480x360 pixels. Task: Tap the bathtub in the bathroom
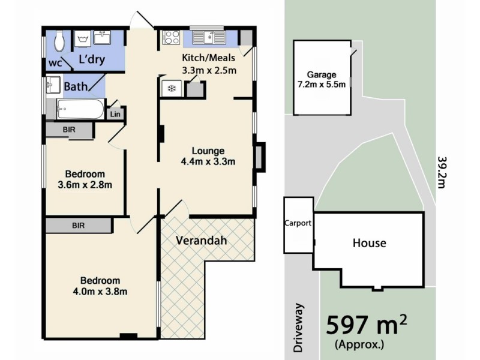tap(80, 110)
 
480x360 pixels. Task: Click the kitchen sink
tap(210, 38)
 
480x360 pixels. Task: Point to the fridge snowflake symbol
tap(171, 89)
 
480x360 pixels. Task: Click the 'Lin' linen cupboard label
tap(115, 113)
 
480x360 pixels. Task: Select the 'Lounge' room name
tap(208, 150)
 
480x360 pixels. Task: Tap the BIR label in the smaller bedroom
tap(69, 129)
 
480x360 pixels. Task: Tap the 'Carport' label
tap(298, 223)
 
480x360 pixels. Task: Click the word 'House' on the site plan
tap(369, 243)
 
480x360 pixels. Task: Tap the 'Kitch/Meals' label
tap(208, 59)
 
